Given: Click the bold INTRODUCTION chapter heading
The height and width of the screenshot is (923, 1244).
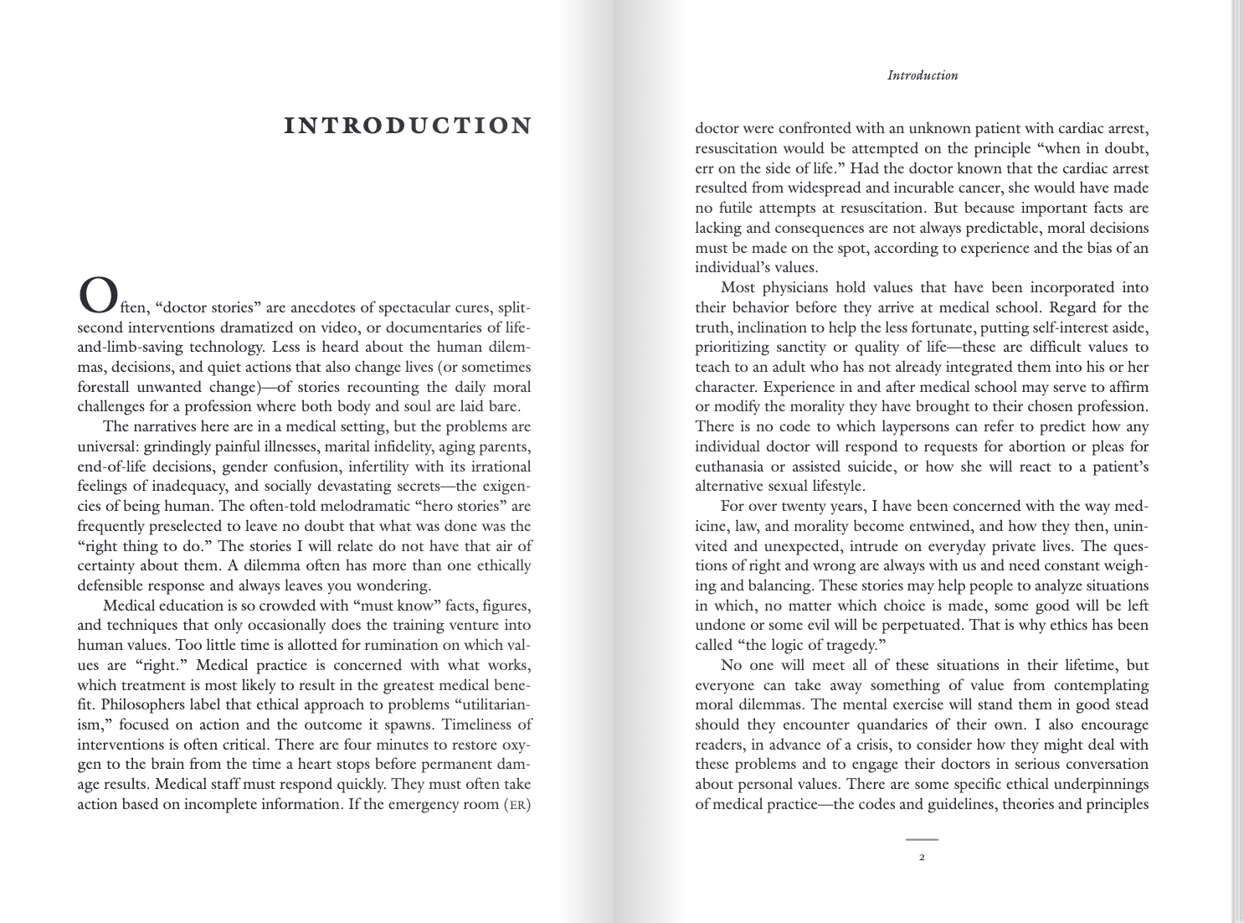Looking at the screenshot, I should tap(408, 126).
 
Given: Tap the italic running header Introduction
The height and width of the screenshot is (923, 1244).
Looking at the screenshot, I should tap(923, 75).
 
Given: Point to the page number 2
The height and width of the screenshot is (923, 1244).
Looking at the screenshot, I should tap(922, 858).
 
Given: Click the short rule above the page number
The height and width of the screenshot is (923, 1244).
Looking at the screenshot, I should tap(922, 838).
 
